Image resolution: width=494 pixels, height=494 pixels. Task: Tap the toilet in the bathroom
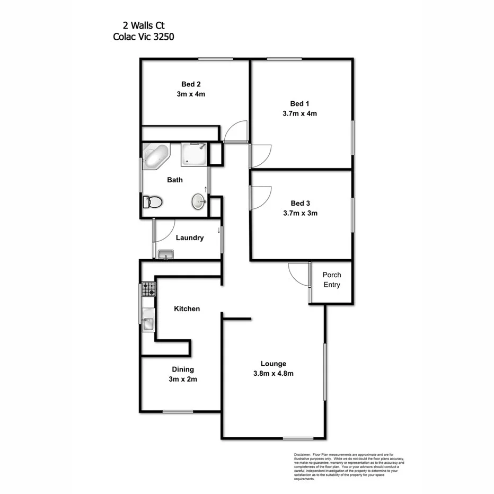pyautogui.click(x=153, y=202)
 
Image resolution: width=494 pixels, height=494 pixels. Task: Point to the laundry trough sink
pyautogui.click(x=166, y=254)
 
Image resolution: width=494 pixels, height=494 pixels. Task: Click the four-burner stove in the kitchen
pyautogui.click(x=148, y=289)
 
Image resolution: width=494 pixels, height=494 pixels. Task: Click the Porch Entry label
pyautogui.click(x=332, y=280)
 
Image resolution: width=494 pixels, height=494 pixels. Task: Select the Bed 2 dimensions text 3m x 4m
pyautogui.click(x=191, y=94)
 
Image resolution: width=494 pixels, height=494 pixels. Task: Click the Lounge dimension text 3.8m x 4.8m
pyautogui.click(x=274, y=373)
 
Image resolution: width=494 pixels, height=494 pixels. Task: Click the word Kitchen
pyautogui.click(x=187, y=308)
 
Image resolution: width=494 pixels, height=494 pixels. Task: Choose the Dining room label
pyautogui.click(x=182, y=369)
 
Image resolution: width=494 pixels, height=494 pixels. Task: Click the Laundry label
pyautogui.click(x=190, y=238)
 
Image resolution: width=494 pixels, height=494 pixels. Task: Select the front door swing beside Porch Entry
pyautogui.click(x=298, y=275)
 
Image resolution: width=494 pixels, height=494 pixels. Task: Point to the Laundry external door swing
pyautogui.click(x=164, y=231)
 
